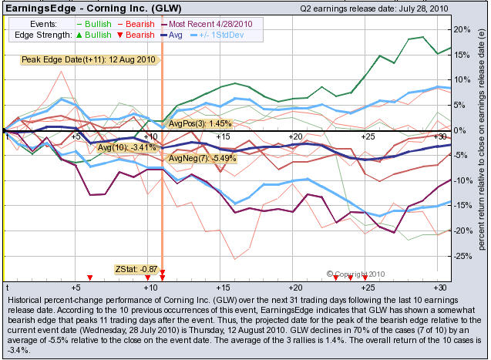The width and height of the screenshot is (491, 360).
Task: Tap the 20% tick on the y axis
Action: pyautogui.click(x=461, y=29)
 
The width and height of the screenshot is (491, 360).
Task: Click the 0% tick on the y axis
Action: pyautogui.click(x=460, y=130)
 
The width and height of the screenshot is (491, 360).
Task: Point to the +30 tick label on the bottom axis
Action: pyautogui.click(x=439, y=287)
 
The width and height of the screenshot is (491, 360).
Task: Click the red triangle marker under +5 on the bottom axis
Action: pyautogui.click(x=90, y=278)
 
